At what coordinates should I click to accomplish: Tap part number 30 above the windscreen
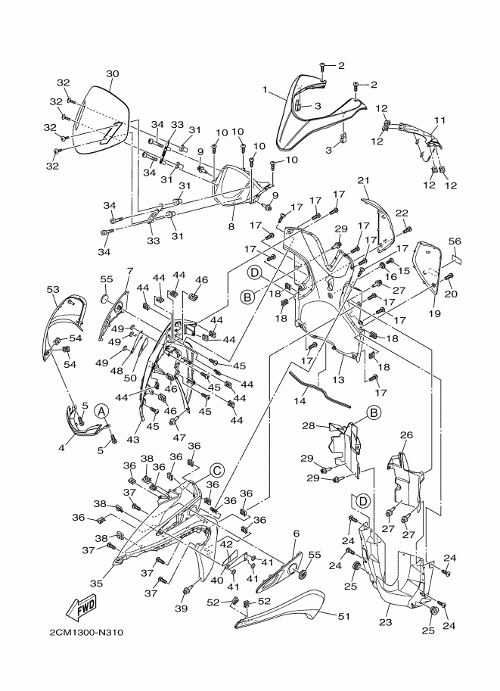click(112, 74)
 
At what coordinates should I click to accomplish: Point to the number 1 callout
click(265, 90)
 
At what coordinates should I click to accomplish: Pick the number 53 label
click(53, 289)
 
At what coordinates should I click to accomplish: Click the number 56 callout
click(455, 241)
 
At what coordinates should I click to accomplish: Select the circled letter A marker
click(103, 409)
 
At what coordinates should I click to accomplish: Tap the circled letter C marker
click(216, 467)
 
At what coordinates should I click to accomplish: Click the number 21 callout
click(363, 179)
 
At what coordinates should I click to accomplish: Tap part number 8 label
click(232, 225)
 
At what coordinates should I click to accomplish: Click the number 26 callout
click(405, 436)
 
